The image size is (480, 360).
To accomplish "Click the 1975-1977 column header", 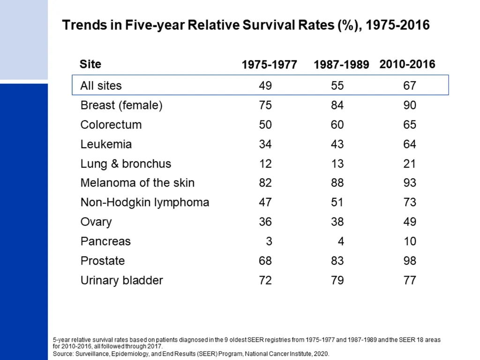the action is [270, 65].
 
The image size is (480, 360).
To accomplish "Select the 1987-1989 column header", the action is [341, 65].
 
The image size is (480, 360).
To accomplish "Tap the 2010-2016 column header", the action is [407, 64].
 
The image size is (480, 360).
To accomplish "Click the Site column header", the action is [90, 64].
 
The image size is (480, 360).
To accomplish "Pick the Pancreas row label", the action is [105, 241].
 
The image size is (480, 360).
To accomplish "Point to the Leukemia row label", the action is [106, 144].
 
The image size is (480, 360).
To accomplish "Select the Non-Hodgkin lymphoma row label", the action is [145, 202].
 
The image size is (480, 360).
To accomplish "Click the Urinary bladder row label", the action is [122, 280].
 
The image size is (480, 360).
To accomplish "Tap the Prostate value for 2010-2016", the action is [410, 261].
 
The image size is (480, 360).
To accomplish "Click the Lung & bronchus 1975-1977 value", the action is [265, 164].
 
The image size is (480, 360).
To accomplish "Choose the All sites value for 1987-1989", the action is [337, 86].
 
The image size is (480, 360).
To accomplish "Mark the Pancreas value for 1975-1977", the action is [269, 241].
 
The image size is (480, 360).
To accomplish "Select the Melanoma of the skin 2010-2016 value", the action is [410, 183].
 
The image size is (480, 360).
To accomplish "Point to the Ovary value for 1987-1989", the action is [337, 222].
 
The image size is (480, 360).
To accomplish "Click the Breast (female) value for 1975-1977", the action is [265, 105].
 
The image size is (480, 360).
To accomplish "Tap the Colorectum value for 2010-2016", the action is [410, 125].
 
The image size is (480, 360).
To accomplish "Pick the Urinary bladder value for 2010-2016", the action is [410, 280].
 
